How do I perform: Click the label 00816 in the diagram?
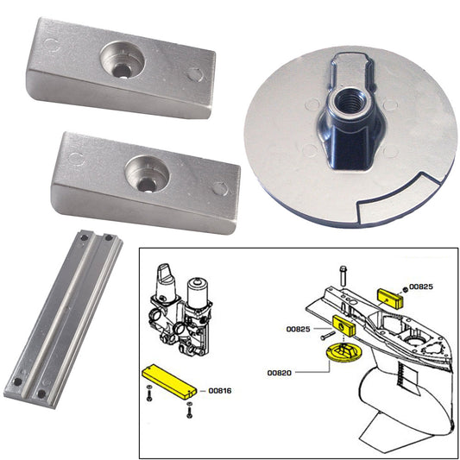[x=221, y=389]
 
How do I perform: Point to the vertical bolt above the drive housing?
[x=343, y=276]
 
